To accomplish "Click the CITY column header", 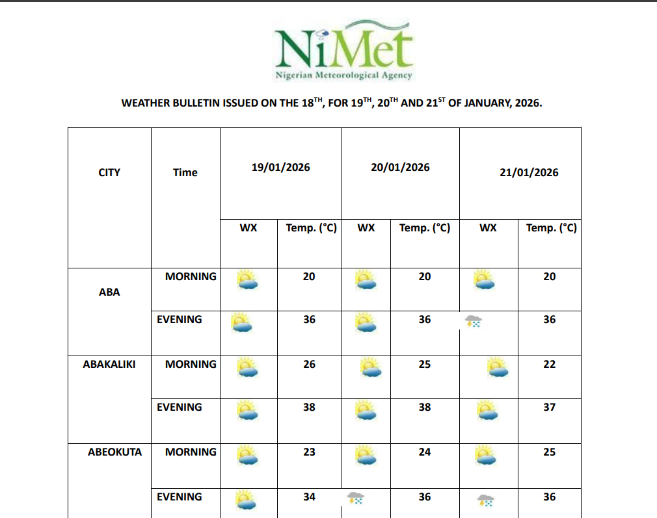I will coord(109,172).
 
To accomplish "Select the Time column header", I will coord(185,172).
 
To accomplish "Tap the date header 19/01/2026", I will coord(281,167).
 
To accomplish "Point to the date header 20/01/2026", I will coord(400,167).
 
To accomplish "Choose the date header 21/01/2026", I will coord(529,172).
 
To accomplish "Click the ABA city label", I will coord(109,292).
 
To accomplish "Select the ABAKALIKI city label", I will coord(109,364).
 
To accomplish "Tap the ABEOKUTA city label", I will coord(114,452).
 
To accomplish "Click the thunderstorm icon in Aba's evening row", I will coord(473,321).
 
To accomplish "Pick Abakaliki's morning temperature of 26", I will coord(309,364).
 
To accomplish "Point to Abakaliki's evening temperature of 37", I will coord(550,407).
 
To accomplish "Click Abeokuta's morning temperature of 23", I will coord(309,452).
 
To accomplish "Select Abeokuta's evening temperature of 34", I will coord(309,497).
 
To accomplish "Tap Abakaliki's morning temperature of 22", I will coord(550,364).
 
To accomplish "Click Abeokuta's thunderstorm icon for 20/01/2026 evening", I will coord(355,499).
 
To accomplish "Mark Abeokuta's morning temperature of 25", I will coord(550,452).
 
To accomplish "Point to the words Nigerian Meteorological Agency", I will coord(343,75).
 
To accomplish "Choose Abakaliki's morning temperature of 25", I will coord(425,364).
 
